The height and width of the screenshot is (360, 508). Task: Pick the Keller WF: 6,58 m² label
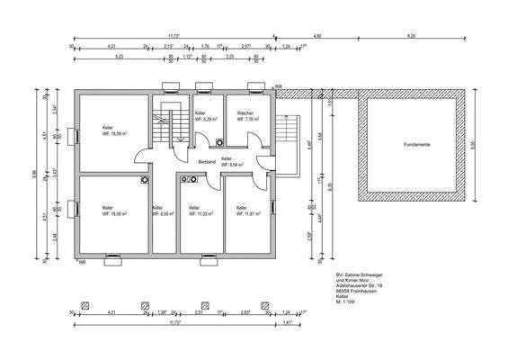click(x=163, y=211)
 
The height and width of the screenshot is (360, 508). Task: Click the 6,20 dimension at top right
click(x=411, y=36)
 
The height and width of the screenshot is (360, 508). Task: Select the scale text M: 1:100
click(x=346, y=303)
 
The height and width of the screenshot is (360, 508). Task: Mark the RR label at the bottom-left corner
click(x=82, y=263)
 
